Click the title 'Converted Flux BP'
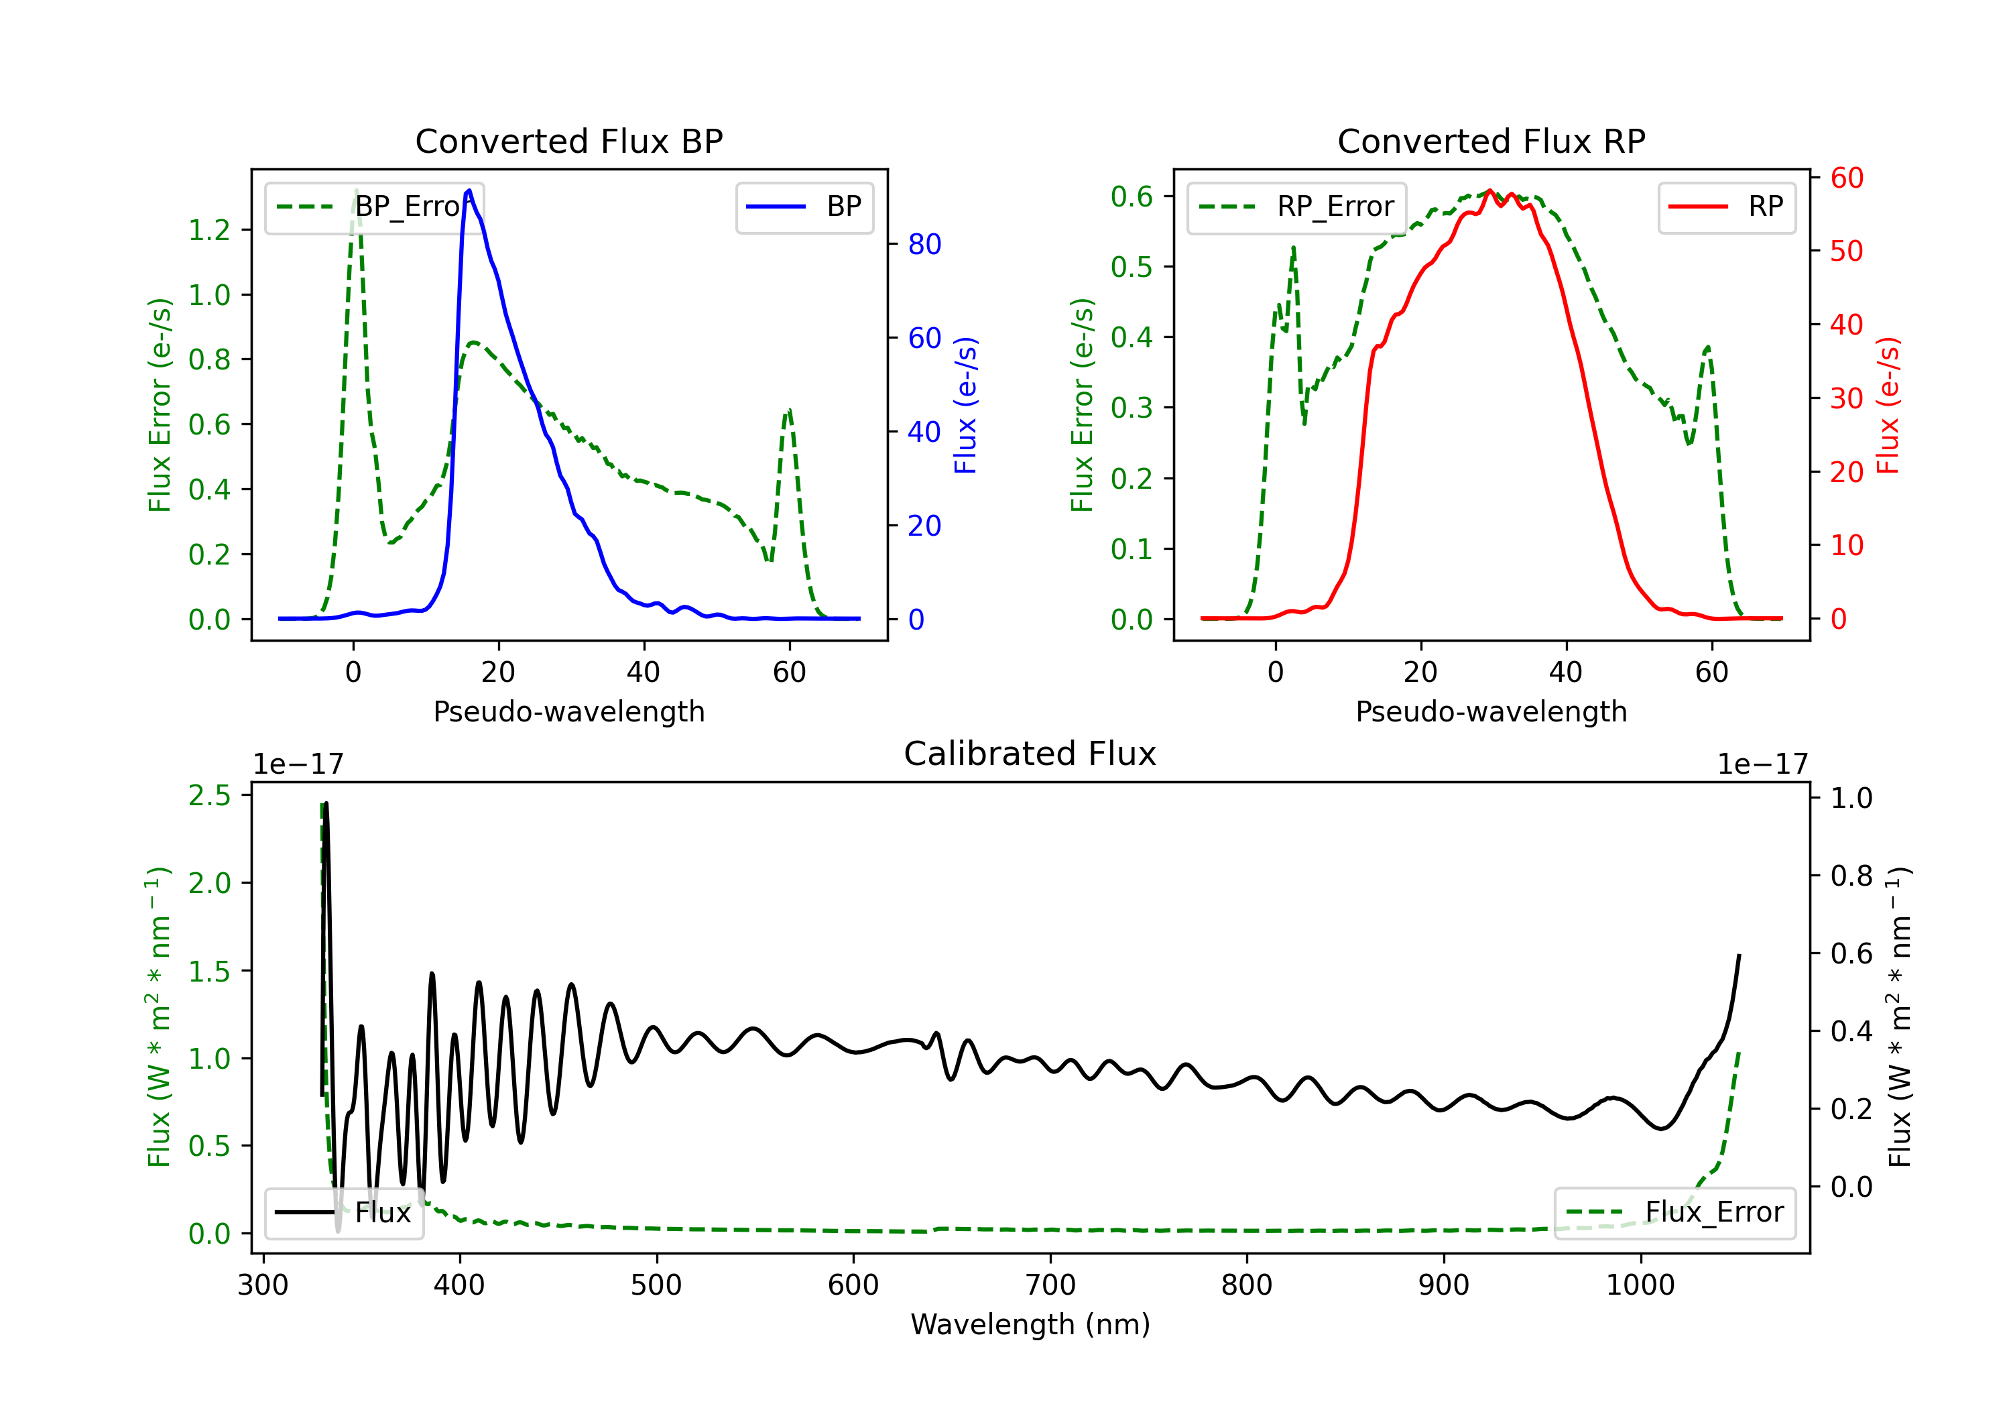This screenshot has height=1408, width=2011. (x=568, y=141)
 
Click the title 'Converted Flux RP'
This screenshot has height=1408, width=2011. (x=1491, y=141)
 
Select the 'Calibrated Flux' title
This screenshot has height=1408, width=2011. (x=1030, y=754)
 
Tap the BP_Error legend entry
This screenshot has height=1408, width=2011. (x=375, y=207)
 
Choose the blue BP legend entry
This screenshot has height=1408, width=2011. (x=804, y=207)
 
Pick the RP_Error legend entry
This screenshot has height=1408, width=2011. (x=1296, y=207)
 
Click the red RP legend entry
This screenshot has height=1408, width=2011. (x=1726, y=207)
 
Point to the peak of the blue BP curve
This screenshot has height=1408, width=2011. (x=469, y=190)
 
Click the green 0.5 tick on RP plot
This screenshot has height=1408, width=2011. (x=1132, y=266)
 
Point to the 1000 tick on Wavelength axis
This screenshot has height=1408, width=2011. (x=1640, y=1285)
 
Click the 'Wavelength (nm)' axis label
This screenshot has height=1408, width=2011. (x=1030, y=1324)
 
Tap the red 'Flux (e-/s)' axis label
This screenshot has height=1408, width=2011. (x=1888, y=405)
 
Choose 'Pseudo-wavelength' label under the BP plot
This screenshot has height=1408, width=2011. (x=569, y=711)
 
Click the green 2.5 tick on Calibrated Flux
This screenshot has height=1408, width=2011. (x=208, y=796)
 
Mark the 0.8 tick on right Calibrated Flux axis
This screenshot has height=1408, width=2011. (x=1851, y=875)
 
